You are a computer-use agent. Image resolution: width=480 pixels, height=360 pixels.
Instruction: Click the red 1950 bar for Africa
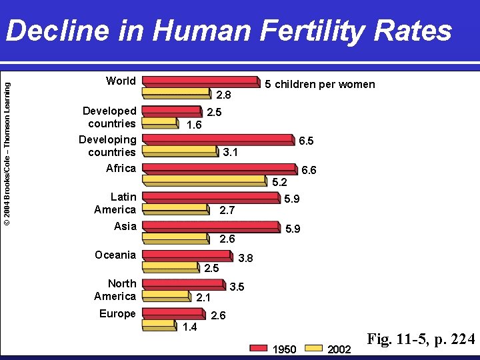pyautogui.click(x=220, y=168)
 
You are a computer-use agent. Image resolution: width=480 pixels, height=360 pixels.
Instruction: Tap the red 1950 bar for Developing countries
pyautogui.click(x=218, y=139)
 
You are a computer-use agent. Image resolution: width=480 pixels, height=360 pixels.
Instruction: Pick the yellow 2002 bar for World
pyautogui.click(x=177, y=92)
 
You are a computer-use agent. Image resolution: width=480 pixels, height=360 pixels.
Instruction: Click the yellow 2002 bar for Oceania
pyautogui.click(x=171, y=267)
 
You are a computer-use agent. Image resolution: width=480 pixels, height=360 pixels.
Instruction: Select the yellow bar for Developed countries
pyautogui.click(x=161, y=122)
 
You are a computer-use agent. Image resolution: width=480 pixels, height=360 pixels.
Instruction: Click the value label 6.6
pyautogui.click(x=309, y=171)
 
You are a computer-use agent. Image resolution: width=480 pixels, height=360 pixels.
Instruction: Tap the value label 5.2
pyautogui.click(x=279, y=182)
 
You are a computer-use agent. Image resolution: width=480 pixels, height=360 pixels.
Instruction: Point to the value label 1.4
pyautogui.click(x=190, y=326)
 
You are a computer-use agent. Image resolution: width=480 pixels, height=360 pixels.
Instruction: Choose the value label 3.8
pyautogui.click(x=246, y=258)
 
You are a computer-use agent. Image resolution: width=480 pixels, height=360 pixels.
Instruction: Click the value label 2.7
pyautogui.click(x=227, y=211)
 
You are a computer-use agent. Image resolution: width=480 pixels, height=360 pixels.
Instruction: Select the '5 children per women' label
pyautogui.click(x=320, y=84)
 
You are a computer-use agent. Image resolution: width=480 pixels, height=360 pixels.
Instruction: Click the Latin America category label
pyautogui.click(x=115, y=203)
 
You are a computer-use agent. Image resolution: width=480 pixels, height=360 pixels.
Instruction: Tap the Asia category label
pyautogui.click(x=125, y=226)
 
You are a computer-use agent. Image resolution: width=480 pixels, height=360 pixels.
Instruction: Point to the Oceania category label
pyautogui.click(x=115, y=255)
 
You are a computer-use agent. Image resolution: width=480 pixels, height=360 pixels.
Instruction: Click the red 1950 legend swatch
pyautogui.click(x=259, y=348)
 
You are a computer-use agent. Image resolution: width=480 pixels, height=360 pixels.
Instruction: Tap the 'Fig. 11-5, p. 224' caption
pyautogui.click(x=421, y=340)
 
